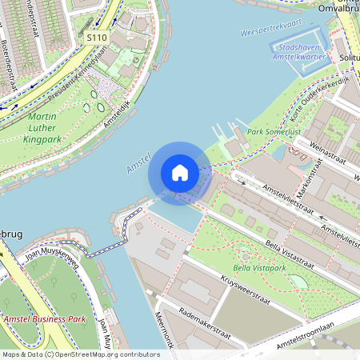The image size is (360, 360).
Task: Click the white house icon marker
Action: (x=180, y=173)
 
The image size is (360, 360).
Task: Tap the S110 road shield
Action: (x=97, y=38)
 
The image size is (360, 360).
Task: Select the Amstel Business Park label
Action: (x=43, y=319)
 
